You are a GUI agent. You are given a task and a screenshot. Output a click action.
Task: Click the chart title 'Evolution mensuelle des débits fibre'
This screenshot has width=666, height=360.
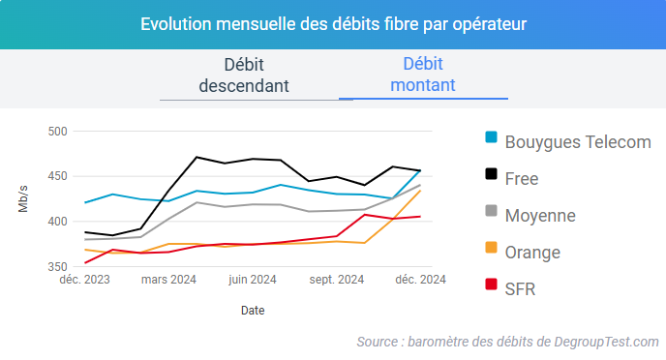(x=333, y=23)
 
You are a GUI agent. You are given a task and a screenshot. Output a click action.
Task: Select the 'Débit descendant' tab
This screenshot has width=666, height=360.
(x=244, y=75)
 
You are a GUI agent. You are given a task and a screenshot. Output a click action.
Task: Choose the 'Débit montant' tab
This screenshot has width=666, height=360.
(x=422, y=75)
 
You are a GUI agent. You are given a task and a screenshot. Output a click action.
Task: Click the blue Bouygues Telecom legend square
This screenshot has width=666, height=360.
(x=491, y=139)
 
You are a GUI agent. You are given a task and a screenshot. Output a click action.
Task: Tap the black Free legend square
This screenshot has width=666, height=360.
(x=491, y=176)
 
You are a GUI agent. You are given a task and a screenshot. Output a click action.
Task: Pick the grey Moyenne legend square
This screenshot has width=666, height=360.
(x=491, y=213)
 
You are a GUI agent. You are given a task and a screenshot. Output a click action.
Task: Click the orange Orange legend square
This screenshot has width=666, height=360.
(x=491, y=250)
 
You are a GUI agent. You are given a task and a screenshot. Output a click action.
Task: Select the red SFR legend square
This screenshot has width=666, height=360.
(x=491, y=286)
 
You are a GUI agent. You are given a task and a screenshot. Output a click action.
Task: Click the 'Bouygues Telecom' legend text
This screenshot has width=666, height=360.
(x=578, y=141)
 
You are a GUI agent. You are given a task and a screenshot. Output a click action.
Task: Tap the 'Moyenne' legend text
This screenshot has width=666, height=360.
(x=540, y=215)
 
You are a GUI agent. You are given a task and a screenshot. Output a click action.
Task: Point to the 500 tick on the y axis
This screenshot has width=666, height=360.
(x=57, y=132)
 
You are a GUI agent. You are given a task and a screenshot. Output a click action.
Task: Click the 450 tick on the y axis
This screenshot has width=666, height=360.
(x=57, y=176)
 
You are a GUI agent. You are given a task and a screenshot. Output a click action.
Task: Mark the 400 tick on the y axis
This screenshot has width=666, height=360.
(x=57, y=222)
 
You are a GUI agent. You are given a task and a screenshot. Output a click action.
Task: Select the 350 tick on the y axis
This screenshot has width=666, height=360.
(x=57, y=266)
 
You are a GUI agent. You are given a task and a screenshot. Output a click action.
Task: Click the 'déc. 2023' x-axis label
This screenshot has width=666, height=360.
(x=84, y=281)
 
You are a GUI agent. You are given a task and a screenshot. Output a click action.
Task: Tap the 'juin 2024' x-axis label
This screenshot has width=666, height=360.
(x=253, y=281)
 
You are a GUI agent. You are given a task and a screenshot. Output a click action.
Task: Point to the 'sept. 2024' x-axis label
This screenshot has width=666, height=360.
(x=336, y=281)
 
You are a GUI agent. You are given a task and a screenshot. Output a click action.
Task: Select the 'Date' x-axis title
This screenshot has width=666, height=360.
(x=253, y=311)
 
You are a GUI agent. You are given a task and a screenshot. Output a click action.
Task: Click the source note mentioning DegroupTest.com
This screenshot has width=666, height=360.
(x=507, y=342)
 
